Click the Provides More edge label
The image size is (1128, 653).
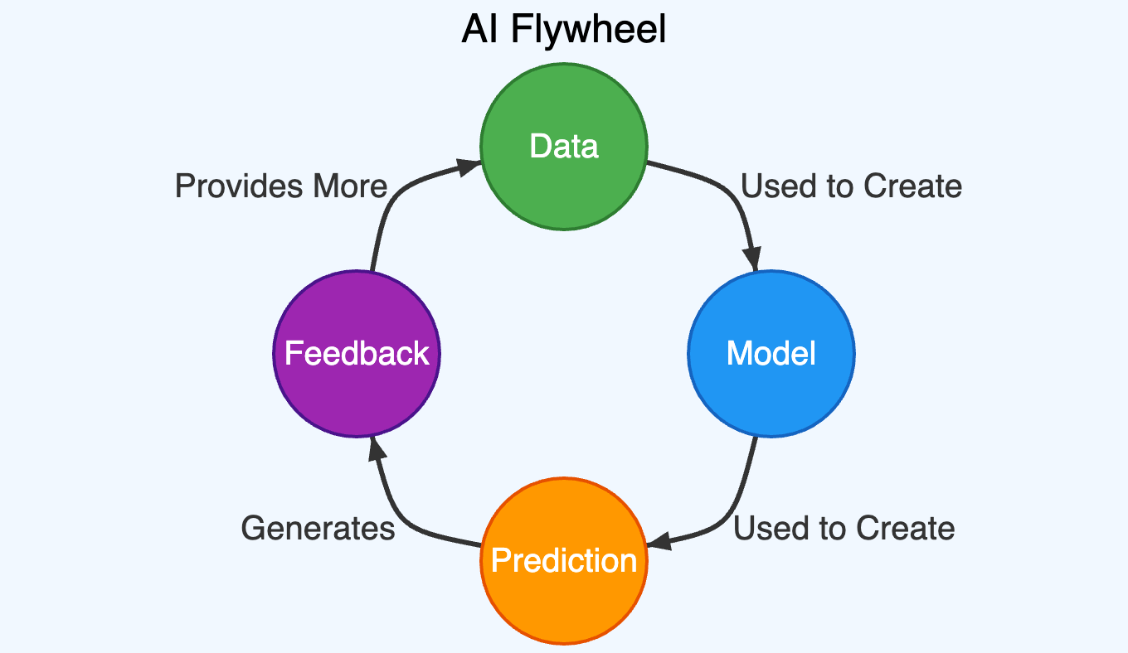281,186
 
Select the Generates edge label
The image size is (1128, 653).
318,528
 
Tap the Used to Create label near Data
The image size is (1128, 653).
851,186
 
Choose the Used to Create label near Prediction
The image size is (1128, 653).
844,528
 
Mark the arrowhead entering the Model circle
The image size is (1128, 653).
753,259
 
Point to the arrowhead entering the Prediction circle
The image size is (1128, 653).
659,543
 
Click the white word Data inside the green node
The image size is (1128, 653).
564,147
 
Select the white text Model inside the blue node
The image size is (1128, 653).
771,354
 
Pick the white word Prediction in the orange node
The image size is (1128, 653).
564,561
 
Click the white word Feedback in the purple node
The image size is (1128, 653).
357,354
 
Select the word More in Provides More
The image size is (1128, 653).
350,186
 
